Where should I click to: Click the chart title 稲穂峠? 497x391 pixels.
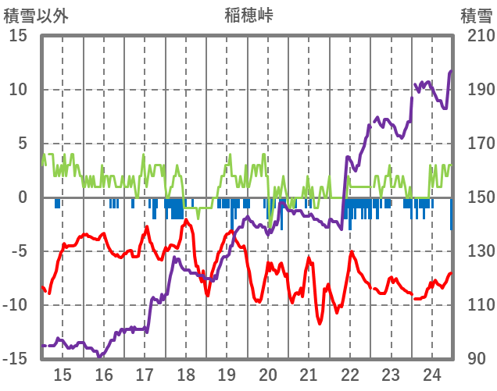[248, 15]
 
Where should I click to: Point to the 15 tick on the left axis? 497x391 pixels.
[18, 36]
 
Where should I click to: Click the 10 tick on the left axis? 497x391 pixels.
[18, 90]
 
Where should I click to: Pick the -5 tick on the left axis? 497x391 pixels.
[18, 251]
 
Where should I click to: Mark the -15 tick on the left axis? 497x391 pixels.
[16, 359]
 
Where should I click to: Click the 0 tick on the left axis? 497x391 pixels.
[23, 197]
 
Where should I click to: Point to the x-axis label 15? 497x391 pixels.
[63, 374]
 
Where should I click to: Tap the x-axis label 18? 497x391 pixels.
[186, 374]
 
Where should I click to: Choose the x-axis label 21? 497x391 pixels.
[309, 374]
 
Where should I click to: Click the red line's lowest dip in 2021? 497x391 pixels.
[320, 323]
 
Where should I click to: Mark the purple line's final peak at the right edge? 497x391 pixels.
[451, 71]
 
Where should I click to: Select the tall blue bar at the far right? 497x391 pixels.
[451, 214]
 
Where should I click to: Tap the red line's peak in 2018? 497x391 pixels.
[186, 221]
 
